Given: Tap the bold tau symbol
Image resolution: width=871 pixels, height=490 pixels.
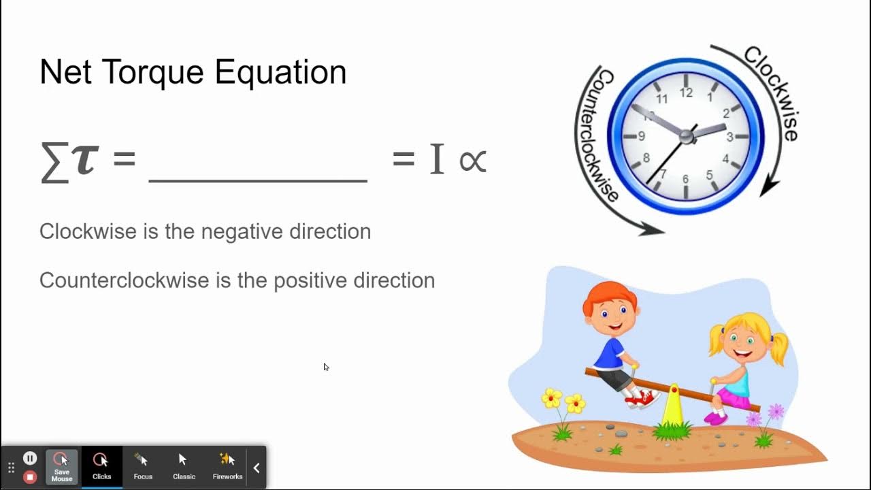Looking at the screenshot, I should pos(86,160).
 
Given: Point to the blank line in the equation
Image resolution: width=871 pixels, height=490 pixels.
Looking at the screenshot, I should pos(258,180).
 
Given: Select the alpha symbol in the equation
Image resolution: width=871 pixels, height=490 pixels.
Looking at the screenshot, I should pos(472,161).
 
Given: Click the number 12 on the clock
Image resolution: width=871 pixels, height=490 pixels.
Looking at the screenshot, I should pos(685,93).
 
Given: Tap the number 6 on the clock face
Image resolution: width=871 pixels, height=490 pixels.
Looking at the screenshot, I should pos(685,180).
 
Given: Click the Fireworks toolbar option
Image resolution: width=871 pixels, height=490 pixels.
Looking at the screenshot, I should pos(227,466).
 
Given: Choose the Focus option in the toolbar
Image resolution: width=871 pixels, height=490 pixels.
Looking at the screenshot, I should pos(143,466).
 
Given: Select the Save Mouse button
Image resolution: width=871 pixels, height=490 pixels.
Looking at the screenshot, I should pos(61,466).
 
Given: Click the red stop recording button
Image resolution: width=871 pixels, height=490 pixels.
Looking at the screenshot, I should pos(30,476).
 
